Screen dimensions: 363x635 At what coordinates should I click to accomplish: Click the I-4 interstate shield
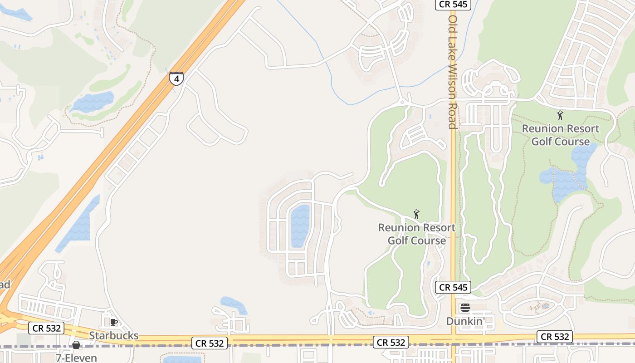[176, 79]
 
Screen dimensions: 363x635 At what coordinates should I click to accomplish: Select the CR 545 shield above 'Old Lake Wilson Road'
[453, 5]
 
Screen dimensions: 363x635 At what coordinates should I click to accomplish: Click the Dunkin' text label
[465, 321]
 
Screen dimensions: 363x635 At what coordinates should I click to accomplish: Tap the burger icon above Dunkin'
[465, 308]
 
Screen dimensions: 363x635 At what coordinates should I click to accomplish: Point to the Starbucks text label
[113, 336]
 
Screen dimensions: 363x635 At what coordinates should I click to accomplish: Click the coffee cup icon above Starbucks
[113, 323]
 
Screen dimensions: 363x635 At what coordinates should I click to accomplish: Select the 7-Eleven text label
[76, 358]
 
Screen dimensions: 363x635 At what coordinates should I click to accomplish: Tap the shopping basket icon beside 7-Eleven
[76, 345]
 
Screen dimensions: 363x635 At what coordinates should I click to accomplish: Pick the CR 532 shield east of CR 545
[555, 337]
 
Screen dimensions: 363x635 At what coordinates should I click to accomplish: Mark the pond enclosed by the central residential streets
[300, 226]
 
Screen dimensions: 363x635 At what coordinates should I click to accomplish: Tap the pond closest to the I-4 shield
[93, 102]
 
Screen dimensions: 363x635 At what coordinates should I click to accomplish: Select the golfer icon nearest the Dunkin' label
[416, 214]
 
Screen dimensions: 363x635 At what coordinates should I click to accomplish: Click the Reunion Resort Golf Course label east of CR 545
[561, 135]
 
